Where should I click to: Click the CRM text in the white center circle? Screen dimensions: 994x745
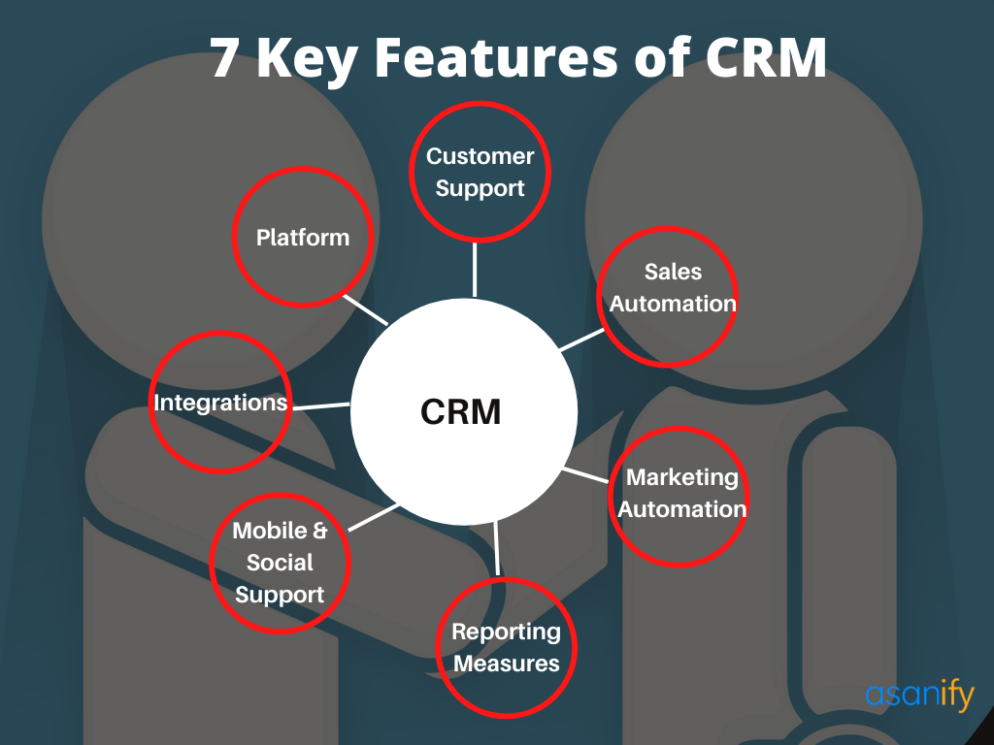click(x=461, y=411)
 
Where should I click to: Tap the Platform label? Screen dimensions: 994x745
click(x=303, y=238)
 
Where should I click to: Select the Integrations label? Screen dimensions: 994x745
click(x=220, y=403)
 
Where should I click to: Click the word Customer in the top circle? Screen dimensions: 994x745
click(x=480, y=156)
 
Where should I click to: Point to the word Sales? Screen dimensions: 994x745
click(x=674, y=272)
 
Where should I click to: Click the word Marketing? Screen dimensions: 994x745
click(x=682, y=477)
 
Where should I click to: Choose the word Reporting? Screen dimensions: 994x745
click(x=506, y=632)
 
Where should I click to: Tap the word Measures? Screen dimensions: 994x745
click(x=507, y=664)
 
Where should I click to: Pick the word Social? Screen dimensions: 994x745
click(x=280, y=563)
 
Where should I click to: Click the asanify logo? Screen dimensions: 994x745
click(x=919, y=695)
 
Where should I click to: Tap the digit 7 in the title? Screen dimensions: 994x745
click(x=225, y=58)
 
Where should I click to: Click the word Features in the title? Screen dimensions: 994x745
click(x=496, y=57)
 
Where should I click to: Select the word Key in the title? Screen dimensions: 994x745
click(x=307, y=61)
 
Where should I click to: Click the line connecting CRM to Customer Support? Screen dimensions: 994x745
click(x=475, y=270)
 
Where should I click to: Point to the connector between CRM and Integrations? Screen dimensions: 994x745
click(x=321, y=406)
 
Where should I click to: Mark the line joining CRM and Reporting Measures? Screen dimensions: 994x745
click(x=496, y=548)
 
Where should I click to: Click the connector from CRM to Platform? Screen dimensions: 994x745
click(x=365, y=309)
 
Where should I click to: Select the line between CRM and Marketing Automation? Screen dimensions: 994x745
click(x=585, y=475)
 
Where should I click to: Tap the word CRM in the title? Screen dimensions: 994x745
click(x=766, y=57)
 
